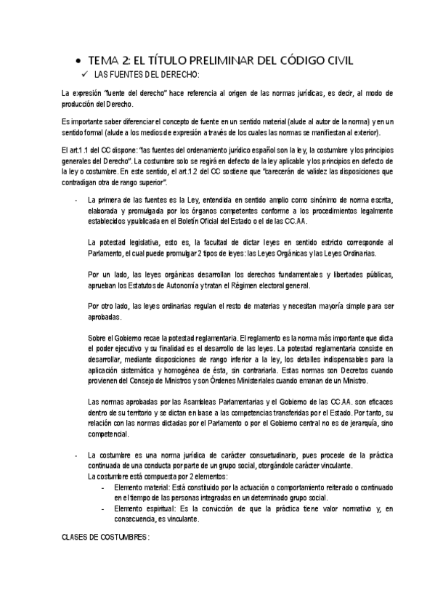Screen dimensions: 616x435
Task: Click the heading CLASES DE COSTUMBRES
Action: tap(105, 538)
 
